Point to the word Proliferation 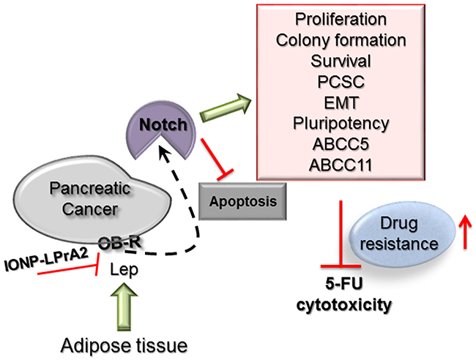337,19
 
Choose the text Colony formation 337,40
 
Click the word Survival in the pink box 337,61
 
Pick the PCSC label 337,82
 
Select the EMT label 337,102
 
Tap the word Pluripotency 337,124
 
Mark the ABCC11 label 337,165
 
